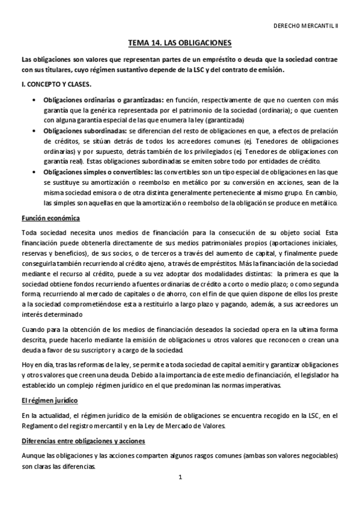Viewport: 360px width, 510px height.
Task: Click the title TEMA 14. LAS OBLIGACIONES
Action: pos(180,44)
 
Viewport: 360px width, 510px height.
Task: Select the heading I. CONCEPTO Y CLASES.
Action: pos(53,84)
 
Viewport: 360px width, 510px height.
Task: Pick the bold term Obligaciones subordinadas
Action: pos(84,131)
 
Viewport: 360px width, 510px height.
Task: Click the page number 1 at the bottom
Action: pos(180,478)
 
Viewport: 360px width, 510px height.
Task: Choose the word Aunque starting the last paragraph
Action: pos(33,456)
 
